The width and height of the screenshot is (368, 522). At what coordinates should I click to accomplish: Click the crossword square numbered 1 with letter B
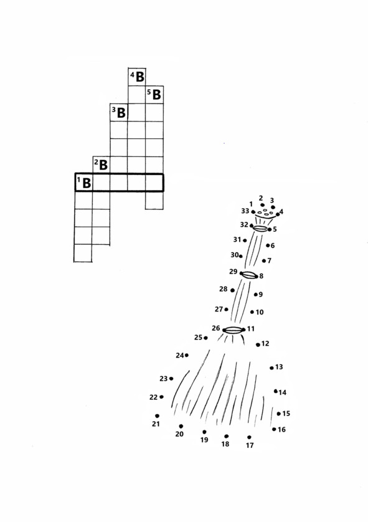point(83,183)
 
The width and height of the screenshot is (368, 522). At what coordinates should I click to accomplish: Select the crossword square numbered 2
point(101,165)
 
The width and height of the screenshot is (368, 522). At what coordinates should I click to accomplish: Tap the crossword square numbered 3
point(119,112)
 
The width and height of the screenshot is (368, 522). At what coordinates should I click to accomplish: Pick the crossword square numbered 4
point(137,77)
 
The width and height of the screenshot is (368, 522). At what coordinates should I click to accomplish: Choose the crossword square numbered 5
point(154,95)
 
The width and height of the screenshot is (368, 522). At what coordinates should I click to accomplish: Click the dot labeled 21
point(157,416)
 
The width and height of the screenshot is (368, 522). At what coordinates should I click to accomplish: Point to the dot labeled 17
point(249,437)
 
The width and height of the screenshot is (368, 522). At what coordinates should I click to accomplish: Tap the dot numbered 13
point(272,368)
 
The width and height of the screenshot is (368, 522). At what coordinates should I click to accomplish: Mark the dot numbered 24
point(187,355)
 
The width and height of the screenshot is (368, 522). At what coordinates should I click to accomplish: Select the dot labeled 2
point(263,205)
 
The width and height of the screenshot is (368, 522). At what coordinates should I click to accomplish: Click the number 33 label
point(245,211)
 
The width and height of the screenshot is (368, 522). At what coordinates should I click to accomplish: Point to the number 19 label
point(204,440)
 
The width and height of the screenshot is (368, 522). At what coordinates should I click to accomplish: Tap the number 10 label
point(260,312)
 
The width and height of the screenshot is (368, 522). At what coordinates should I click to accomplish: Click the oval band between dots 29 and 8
point(250,275)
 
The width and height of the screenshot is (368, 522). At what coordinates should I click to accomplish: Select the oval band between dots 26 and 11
point(234,330)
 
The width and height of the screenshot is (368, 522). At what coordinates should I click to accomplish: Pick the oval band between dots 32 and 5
point(260,229)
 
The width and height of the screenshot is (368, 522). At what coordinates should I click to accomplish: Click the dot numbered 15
point(279,414)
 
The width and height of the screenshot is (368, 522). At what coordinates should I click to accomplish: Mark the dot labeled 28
point(233,290)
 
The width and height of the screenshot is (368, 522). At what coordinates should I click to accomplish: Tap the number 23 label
point(163,379)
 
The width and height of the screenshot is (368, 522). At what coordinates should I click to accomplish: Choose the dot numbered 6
point(268,245)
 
